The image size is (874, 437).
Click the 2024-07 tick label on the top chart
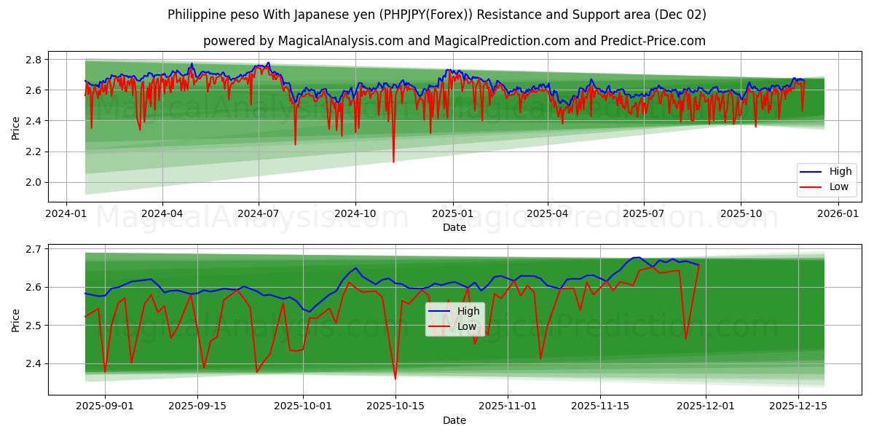pos(259,213)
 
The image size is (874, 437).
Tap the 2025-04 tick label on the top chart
pos(547,213)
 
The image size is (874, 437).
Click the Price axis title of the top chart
pos(16,127)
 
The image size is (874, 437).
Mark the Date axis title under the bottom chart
pos(454,420)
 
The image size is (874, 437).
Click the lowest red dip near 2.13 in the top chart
pos(393,162)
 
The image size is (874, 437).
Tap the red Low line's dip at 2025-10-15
pos(395,379)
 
